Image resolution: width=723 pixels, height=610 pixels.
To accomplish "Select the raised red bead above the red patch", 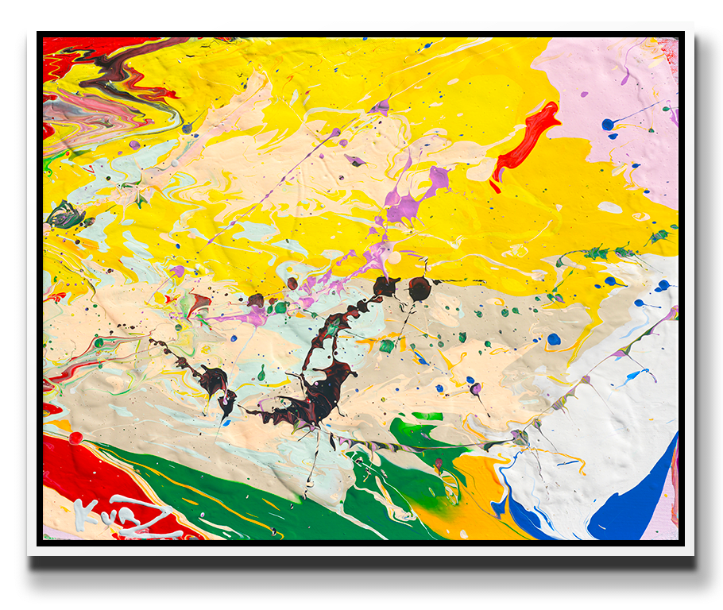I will point(75,438).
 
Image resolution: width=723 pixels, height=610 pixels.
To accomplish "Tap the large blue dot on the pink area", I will point(608,124).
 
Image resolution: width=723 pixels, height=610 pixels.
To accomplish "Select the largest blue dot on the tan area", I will point(554,339).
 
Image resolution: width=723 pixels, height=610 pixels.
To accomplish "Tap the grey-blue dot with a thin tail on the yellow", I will point(188,128).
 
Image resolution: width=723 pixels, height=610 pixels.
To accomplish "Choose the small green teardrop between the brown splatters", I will point(261,373).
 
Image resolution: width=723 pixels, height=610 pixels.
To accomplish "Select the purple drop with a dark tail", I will point(476,389).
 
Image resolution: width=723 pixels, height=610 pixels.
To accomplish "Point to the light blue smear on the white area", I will point(636,373).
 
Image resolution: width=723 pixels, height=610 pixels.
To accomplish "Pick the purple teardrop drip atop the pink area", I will point(625,77).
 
